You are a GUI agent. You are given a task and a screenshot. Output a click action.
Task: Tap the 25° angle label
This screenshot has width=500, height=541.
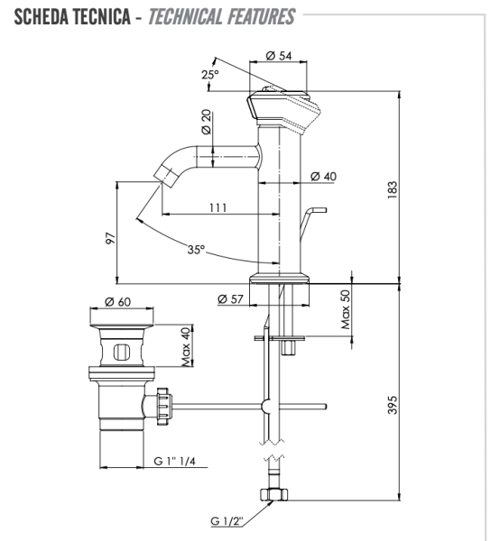pyautogui.click(x=209, y=76)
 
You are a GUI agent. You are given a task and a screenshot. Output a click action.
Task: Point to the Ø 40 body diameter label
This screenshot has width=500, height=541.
pyautogui.click(x=323, y=176)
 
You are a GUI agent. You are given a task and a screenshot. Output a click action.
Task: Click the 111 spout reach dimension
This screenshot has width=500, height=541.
pyautogui.click(x=218, y=207)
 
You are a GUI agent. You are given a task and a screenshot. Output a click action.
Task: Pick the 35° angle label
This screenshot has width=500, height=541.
pyautogui.click(x=196, y=250)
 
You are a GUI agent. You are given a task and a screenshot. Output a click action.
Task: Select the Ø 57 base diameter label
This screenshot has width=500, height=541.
pyautogui.click(x=231, y=298)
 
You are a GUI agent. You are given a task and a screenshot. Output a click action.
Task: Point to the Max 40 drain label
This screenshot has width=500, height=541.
pyautogui.click(x=186, y=346)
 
